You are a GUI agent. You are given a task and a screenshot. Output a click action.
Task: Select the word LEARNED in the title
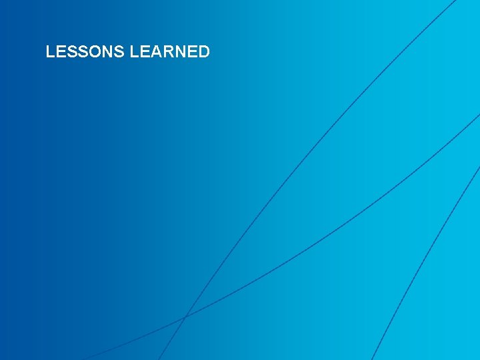pyautogui.click(x=170, y=52)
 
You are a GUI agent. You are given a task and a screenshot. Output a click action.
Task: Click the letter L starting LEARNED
pyautogui.click(x=135, y=52)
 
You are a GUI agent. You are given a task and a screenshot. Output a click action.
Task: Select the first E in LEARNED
pyautogui.click(x=145, y=52)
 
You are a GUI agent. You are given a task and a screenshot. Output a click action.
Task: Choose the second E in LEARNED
pyautogui.click(x=192, y=52)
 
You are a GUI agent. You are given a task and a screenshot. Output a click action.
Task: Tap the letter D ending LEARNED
pyautogui.click(x=203, y=52)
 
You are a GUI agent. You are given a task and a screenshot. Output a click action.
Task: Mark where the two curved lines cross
pyautogui.click(x=185, y=316)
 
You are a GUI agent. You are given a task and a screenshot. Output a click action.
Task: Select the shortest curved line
pyautogui.click(x=427, y=260)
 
